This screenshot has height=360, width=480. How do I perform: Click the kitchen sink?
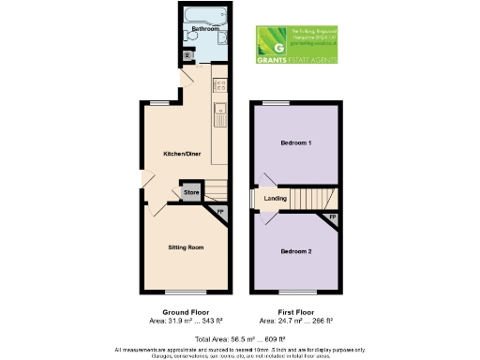220,116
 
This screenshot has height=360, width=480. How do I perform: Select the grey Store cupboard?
191,193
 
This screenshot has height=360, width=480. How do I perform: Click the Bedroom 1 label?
296,143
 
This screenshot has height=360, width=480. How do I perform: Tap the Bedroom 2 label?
296,251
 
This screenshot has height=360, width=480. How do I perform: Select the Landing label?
276,199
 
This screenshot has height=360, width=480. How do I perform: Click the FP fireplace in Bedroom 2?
331,218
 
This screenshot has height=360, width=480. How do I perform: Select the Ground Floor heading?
187,311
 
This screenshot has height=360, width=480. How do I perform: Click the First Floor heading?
296,311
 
